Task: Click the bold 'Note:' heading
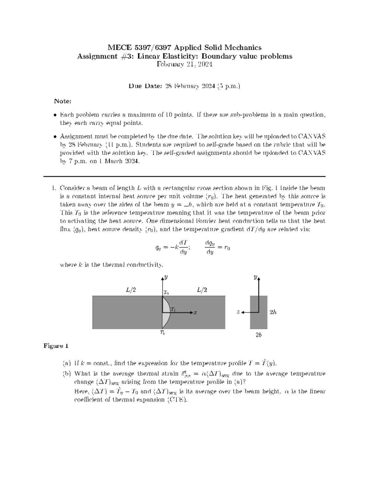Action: click(63, 101)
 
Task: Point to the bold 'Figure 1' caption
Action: click(56, 346)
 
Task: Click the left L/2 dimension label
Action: click(131, 290)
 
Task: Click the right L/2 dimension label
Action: click(202, 290)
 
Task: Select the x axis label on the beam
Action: click(195, 313)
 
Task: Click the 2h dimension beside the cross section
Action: click(273, 312)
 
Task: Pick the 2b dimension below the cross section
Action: click(259, 335)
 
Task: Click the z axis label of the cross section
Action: click(238, 312)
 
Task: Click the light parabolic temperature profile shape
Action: click(166, 312)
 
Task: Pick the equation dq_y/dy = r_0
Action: click(217, 247)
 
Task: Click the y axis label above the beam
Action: click(166, 277)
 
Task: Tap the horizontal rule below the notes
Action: click(184, 177)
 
